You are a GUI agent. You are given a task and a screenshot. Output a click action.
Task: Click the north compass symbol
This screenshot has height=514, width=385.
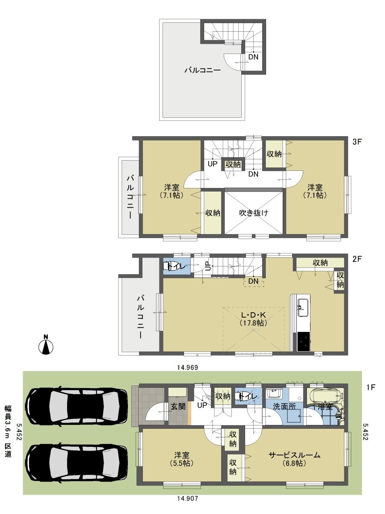point(45,345)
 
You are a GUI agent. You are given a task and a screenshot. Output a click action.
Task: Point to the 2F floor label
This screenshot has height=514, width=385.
point(358,259)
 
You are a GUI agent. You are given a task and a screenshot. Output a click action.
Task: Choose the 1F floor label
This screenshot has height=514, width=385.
point(370,387)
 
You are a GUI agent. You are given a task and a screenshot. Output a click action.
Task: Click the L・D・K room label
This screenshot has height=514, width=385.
point(254,316)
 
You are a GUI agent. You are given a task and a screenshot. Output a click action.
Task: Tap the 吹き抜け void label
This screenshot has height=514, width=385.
point(254,212)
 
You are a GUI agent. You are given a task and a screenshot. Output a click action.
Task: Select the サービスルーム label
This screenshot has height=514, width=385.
point(295,455)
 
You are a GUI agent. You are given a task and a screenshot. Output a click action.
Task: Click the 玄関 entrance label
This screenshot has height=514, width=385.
point(178,406)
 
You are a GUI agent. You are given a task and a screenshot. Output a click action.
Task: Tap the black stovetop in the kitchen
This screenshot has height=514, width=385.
point(304,341)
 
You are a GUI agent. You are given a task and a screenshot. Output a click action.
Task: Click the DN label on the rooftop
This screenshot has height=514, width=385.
point(254,57)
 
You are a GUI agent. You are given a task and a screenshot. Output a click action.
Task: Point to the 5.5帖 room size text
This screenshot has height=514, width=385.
point(182,463)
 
